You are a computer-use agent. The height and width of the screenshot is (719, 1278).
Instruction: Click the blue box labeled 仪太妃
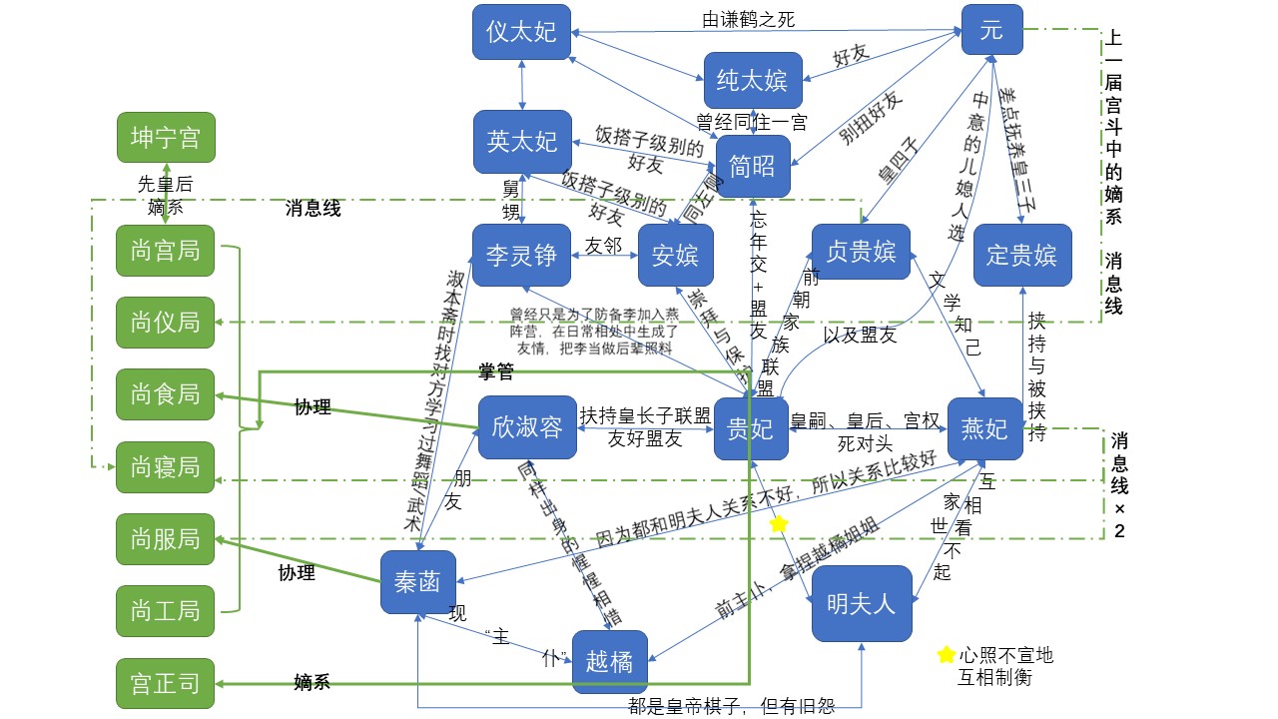521,31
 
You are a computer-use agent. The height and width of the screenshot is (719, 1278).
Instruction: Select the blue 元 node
991,30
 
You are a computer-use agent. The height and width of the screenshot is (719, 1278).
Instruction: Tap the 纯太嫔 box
753,80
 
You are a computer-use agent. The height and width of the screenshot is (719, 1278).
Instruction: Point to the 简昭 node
753,166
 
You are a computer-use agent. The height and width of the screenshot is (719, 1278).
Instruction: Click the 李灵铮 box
521,256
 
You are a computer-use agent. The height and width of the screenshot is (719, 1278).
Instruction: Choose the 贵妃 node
751,429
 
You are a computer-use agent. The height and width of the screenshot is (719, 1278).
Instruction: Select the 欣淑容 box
527,428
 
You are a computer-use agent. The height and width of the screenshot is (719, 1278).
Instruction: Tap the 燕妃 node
984,429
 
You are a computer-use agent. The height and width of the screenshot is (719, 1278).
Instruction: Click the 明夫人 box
862,603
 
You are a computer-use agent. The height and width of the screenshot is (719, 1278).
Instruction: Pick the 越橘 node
609,661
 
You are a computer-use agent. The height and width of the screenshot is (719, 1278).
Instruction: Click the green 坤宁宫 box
165,138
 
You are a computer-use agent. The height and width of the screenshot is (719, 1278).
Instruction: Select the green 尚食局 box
165,394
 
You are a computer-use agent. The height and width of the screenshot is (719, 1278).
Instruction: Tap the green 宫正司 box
165,683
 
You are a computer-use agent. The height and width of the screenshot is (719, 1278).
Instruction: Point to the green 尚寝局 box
165,466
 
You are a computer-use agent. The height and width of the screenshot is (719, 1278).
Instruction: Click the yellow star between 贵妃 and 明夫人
779,523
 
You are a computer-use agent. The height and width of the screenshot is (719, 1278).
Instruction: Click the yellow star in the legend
946,655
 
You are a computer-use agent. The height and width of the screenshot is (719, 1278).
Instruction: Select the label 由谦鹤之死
749,19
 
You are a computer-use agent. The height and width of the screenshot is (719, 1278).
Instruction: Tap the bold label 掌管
497,372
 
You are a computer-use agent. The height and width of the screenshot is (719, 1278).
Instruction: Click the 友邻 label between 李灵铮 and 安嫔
604,245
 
